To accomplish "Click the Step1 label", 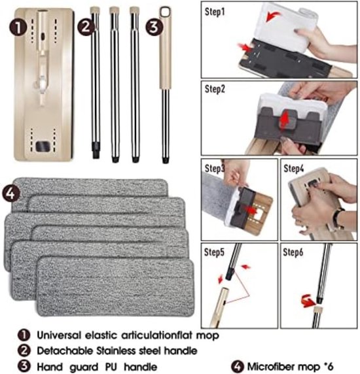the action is point(215,12).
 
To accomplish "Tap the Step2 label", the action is point(215,89).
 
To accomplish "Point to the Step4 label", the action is point(294,169).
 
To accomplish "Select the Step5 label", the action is point(214,252).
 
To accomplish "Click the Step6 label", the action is point(293,252).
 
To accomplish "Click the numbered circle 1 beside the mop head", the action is point(18,27).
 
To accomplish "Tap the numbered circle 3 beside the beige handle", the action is point(154,27).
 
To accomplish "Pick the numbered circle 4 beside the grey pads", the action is point(10,194).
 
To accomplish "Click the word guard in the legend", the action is point(84,367).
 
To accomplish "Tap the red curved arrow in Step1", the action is point(274,17).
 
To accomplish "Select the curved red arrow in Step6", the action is point(308,301).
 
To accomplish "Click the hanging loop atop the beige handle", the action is point(165,12).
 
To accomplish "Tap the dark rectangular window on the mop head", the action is point(43,146).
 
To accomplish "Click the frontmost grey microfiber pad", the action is point(115,287).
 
